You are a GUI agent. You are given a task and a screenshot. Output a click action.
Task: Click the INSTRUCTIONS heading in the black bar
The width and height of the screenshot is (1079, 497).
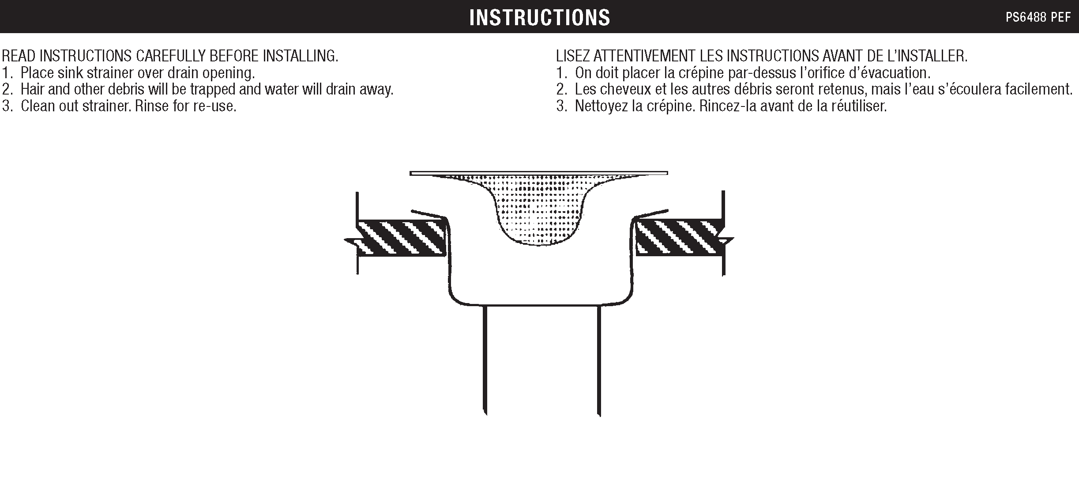[539, 18]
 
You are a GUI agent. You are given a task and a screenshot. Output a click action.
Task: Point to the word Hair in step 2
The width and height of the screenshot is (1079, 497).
[32, 90]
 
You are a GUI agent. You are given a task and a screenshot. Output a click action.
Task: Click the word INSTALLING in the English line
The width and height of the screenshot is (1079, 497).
[301, 56]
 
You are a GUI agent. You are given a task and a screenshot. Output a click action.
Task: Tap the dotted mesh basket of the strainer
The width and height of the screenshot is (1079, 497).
[539, 212]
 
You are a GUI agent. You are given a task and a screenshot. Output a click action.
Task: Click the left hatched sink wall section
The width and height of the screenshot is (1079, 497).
[401, 237]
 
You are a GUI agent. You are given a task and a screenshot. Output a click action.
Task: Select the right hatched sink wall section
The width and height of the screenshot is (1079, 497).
[677, 237]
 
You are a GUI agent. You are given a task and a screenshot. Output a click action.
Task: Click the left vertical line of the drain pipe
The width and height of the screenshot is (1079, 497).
[485, 360]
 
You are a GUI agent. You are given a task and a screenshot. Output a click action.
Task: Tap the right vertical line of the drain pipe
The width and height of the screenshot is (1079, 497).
[598, 360]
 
